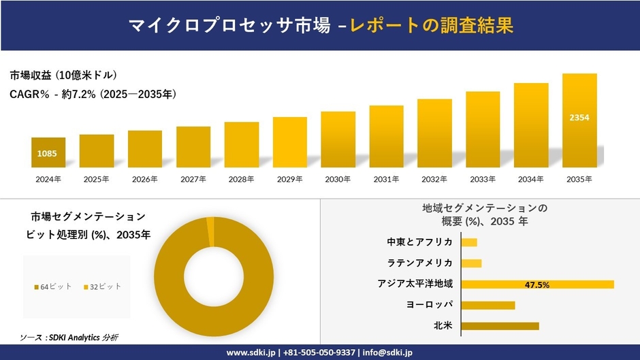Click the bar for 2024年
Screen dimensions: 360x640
click(x=48, y=152)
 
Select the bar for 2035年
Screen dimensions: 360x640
click(x=579, y=120)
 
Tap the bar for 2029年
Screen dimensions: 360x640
click(x=289, y=142)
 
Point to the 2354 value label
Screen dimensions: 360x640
click(x=579, y=118)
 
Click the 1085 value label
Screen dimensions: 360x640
click(x=47, y=154)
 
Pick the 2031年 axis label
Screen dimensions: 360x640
click(x=386, y=179)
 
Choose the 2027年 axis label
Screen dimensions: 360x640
click(x=193, y=179)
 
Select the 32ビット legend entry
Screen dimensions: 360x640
click(x=102, y=287)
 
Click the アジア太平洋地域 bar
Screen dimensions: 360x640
click(x=537, y=284)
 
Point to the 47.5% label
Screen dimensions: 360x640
click(x=537, y=284)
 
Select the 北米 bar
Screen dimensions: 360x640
click(x=500, y=326)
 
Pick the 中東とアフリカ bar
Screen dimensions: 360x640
click(x=469, y=242)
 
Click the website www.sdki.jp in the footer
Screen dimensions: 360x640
click(x=251, y=353)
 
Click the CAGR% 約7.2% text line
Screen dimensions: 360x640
click(x=93, y=95)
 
